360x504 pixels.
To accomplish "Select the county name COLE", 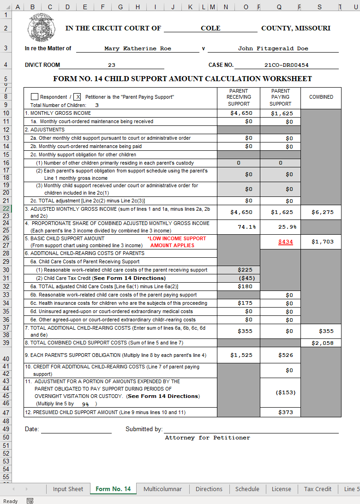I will click(x=210, y=28).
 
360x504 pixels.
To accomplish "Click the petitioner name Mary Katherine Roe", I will click(x=138, y=48).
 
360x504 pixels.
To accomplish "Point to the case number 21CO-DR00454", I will click(x=286, y=65).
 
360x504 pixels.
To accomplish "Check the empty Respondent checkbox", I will click(x=35, y=97).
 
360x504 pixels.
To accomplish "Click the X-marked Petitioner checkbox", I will click(x=78, y=97).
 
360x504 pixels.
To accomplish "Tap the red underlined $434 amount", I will click(x=286, y=242).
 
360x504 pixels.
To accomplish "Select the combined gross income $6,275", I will click(x=322, y=212).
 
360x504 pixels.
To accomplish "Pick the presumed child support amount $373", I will click(x=286, y=412).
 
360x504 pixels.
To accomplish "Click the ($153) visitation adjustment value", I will click(x=286, y=392).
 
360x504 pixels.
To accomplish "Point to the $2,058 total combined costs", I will click(x=322, y=343).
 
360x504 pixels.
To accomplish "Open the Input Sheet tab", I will click(x=68, y=489).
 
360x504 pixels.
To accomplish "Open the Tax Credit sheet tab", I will click(x=318, y=489).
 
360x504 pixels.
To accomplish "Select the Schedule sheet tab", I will click(x=247, y=489).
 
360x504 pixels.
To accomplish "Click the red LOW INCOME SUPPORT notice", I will click(x=177, y=242).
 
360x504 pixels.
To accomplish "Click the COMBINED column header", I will click(x=321, y=97).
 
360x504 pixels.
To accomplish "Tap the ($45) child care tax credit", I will click(x=246, y=278).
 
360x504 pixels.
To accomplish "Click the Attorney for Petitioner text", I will click(x=207, y=438).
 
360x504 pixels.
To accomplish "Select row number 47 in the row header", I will click(x=6, y=412).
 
